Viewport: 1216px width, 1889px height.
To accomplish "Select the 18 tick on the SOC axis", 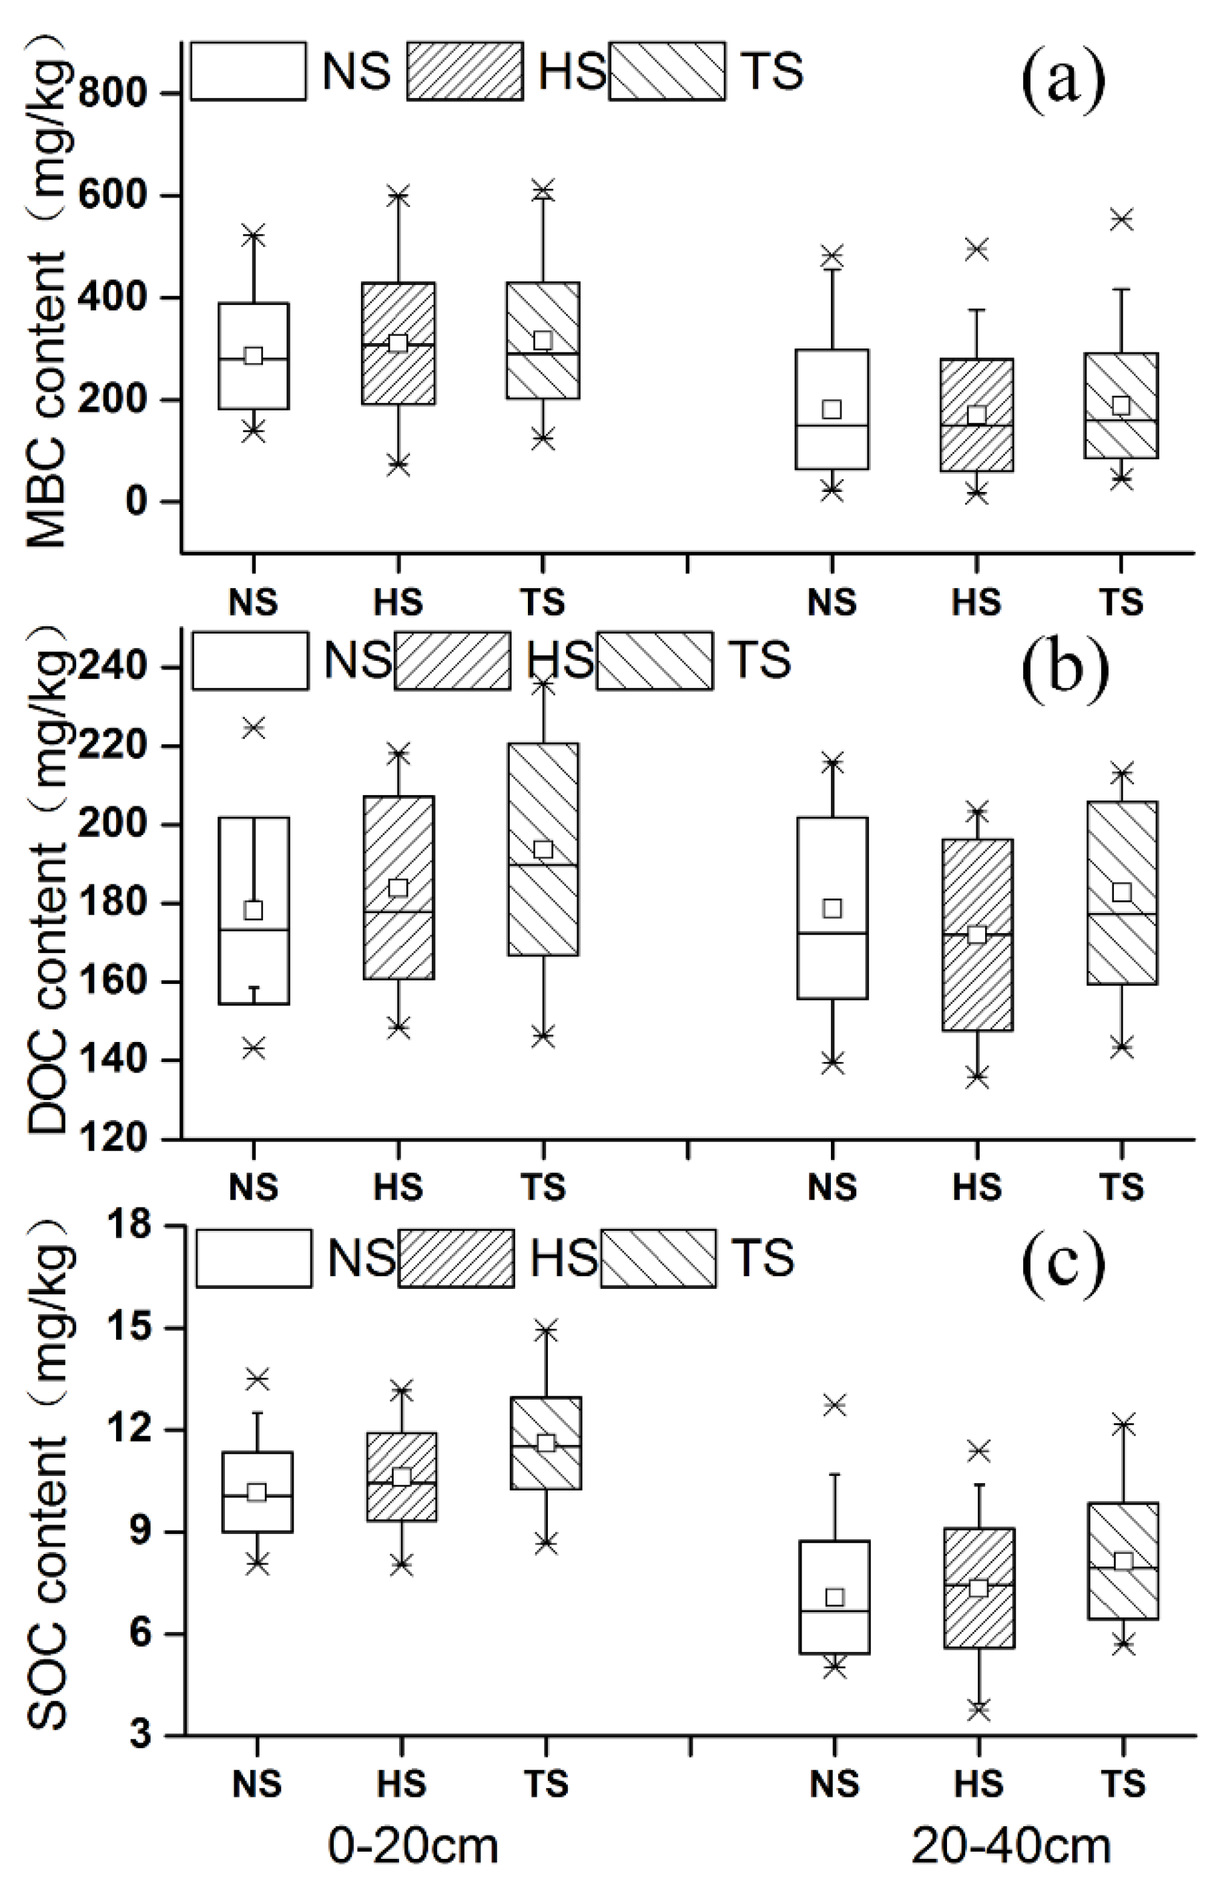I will (x=128, y=1226).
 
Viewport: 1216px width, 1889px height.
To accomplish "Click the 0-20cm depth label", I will (x=413, y=1846).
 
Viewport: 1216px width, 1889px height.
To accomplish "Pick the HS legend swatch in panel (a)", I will (x=465, y=71).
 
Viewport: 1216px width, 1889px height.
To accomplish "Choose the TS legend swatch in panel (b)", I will (x=655, y=660).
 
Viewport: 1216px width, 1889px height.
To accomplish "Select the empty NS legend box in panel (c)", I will (x=254, y=1258).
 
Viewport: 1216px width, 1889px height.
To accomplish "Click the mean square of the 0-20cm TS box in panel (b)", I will (x=543, y=850).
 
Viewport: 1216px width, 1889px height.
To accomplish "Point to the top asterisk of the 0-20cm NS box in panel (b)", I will (x=254, y=728).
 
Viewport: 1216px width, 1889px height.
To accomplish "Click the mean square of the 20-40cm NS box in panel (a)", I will (x=832, y=409).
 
